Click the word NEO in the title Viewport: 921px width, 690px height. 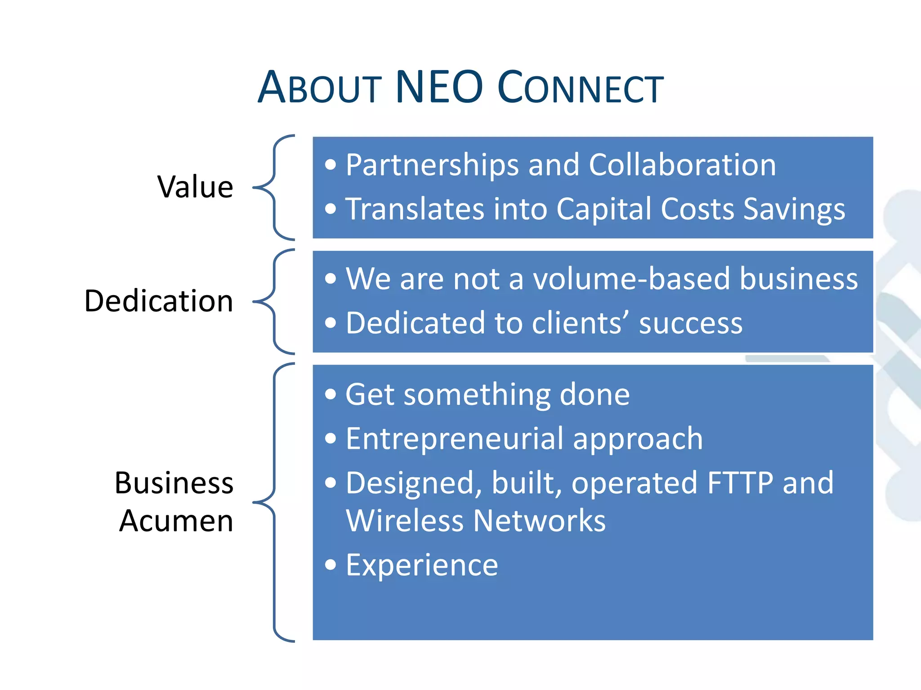pyautogui.click(x=438, y=87)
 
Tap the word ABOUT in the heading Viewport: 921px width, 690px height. pyautogui.click(x=320, y=87)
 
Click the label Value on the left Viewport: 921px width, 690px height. pyautogui.click(x=195, y=187)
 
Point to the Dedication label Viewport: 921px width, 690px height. pyautogui.click(x=159, y=301)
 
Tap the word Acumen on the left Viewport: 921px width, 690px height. pyautogui.click(x=176, y=521)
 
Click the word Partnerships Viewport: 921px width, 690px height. pyautogui.click(x=432, y=165)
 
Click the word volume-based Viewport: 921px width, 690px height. pyautogui.click(x=632, y=279)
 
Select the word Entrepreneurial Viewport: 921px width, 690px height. pyautogui.click(x=454, y=438)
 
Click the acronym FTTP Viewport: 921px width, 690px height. pyautogui.click(x=740, y=483)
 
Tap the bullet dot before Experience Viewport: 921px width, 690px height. pyautogui.click(x=331, y=565)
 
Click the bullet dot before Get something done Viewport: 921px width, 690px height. pyautogui.click(x=331, y=394)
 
